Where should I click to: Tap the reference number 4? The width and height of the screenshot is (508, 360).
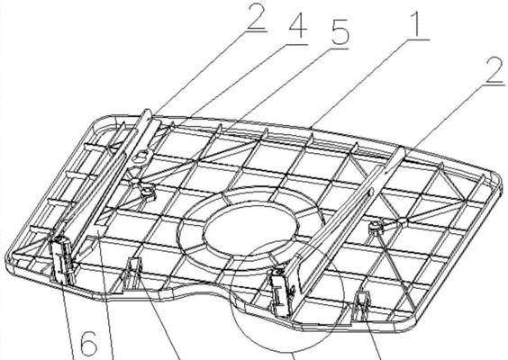(297, 25)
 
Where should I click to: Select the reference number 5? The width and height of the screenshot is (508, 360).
(339, 31)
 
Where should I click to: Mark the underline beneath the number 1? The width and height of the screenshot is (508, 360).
(418, 40)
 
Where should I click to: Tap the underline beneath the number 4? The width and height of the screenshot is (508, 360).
(296, 44)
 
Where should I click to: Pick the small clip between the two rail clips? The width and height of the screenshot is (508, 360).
(132, 273)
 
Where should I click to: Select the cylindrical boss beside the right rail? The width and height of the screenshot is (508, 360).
(376, 229)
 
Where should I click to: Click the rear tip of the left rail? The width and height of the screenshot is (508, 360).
(147, 111)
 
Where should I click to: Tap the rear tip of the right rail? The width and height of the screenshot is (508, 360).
(402, 149)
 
